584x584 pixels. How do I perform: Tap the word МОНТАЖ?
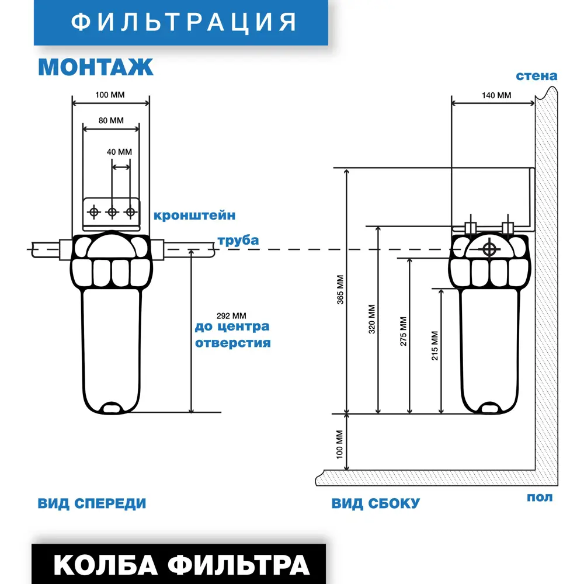96,67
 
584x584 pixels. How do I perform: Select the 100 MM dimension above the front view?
110,94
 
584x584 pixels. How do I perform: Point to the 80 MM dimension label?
111,121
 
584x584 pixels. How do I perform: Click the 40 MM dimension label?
119,152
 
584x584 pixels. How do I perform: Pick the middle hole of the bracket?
112,211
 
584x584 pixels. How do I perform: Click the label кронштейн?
194,215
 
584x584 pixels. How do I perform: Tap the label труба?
238,241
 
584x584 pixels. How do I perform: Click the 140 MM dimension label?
496,95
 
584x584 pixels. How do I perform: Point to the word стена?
536,76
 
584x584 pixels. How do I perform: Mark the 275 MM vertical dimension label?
403,332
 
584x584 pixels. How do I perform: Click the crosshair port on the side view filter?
489,249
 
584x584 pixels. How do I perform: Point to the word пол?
540,498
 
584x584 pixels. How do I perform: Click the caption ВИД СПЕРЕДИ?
92,503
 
